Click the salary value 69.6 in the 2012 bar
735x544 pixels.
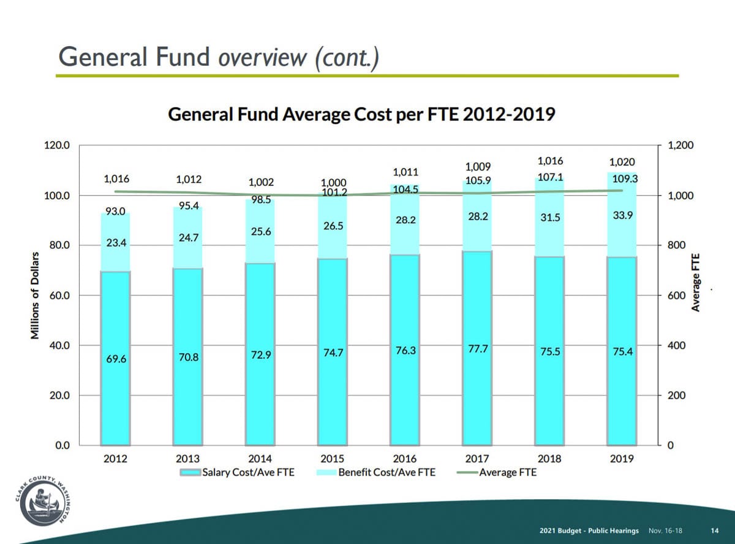point(116,359)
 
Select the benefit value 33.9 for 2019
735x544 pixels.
point(623,215)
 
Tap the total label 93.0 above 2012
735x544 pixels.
point(115,212)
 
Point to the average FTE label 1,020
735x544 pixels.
point(622,162)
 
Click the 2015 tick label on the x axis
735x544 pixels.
point(333,459)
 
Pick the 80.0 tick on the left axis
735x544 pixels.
point(59,245)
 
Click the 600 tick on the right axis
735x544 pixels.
point(676,296)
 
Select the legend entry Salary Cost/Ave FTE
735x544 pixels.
point(237,472)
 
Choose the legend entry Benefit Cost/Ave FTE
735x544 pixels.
point(376,472)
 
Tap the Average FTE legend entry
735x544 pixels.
point(496,472)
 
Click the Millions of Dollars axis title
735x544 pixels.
point(35,296)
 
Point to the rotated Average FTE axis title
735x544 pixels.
point(695,283)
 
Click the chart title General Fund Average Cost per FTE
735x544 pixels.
point(361,115)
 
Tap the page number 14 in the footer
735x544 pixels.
point(715,531)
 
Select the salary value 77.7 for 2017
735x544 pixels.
point(478,349)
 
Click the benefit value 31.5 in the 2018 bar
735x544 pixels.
point(550,218)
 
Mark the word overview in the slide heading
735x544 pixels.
point(263,58)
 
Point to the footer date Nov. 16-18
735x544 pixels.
point(665,531)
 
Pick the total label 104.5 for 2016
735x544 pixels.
point(405,190)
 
